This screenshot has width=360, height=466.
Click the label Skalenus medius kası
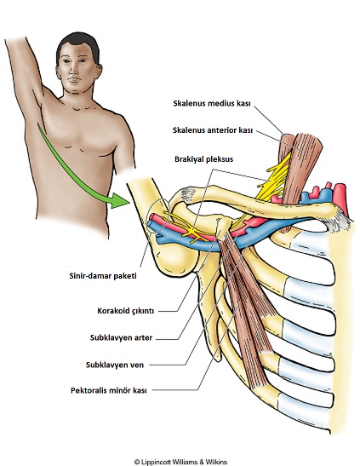pos(212,103)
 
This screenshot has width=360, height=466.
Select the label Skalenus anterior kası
pos(213,130)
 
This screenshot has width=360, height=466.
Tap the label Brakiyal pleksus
pos(203,159)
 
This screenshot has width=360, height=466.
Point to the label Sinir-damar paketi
pos(103,276)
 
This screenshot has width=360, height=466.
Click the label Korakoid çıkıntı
pos(126,311)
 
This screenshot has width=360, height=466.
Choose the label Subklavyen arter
pos(121,338)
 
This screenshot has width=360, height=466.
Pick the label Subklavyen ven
pos(115,365)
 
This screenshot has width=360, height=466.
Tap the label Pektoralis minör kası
pos(109,390)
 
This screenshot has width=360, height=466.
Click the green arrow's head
pos(120,201)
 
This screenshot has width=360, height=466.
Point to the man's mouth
pos(74,79)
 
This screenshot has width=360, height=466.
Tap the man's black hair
pos(77,43)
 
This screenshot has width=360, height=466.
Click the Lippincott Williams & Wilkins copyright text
pos(180,462)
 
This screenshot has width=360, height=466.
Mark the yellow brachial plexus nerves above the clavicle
pos(275,178)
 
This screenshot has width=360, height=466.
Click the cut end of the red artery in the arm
pos(152,217)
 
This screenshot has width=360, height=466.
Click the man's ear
pos(99,72)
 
